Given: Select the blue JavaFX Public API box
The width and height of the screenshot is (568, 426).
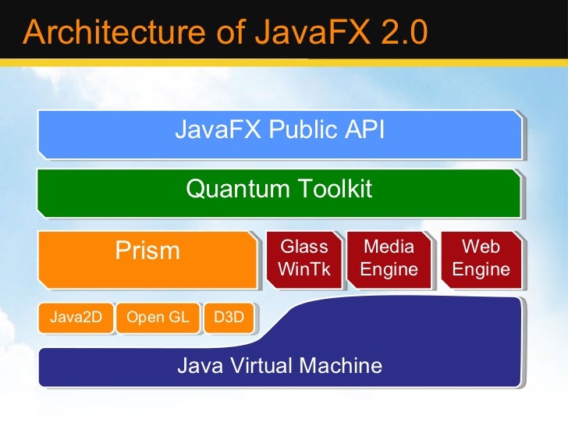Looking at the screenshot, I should pyautogui.click(x=279, y=133).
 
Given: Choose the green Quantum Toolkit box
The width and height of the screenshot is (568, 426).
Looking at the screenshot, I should pyautogui.click(x=279, y=192).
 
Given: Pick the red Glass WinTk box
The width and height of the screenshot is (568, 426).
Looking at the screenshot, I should pyautogui.click(x=304, y=259).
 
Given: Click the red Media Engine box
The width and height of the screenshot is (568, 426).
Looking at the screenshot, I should pyautogui.click(x=389, y=259).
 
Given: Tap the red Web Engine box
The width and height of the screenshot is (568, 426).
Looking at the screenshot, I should pyautogui.click(x=481, y=259).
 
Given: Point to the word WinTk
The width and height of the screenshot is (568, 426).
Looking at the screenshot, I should pyautogui.click(x=304, y=271).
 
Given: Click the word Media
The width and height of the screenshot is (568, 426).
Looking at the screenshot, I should pyautogui.click(x=389, y=247).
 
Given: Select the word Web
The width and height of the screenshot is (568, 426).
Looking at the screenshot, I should pyautogui.click(x=481, y=247).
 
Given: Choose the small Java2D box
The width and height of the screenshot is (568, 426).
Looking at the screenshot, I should pyautogui.click(x=76, y=318).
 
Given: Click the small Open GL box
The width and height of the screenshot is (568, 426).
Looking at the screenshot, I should pyautogui.click(x=157, y=318).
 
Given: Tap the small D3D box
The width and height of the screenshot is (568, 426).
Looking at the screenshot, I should pyautogui.click(x=228, y=318).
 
